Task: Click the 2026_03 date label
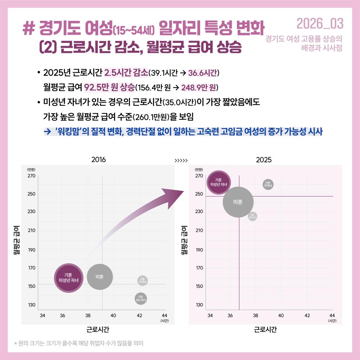(x=320, y=24)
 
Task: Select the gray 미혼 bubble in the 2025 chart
(x=238, y=202)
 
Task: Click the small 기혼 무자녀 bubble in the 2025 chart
(x=268, y=184)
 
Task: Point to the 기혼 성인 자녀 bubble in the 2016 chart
(x=141, y=298)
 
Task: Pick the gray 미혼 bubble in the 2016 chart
(x=100, y=277)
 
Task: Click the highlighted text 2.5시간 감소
(x=126, y=73)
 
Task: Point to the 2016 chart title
(x=99, y=160)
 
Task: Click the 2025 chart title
(x=264, y=160)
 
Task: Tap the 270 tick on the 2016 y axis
(x=31, y=176)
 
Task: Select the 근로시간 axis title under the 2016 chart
(x=98, y=329)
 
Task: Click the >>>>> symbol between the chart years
(x=181, y=160)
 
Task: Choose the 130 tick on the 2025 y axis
(x=199, y=305)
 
